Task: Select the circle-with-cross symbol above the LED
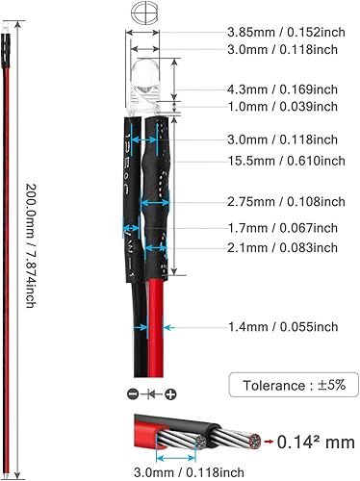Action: tap(141, 14)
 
